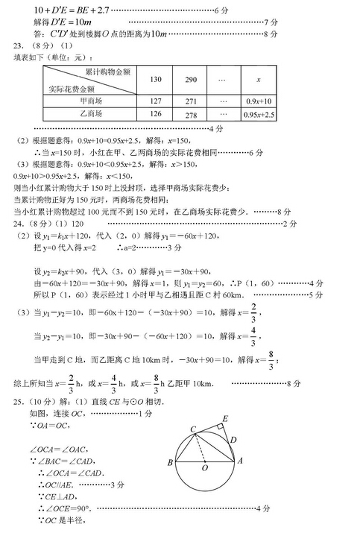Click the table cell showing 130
point(156,80)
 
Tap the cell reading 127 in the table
point(156,101)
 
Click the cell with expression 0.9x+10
point(258,101)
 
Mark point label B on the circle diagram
point(171,463)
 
